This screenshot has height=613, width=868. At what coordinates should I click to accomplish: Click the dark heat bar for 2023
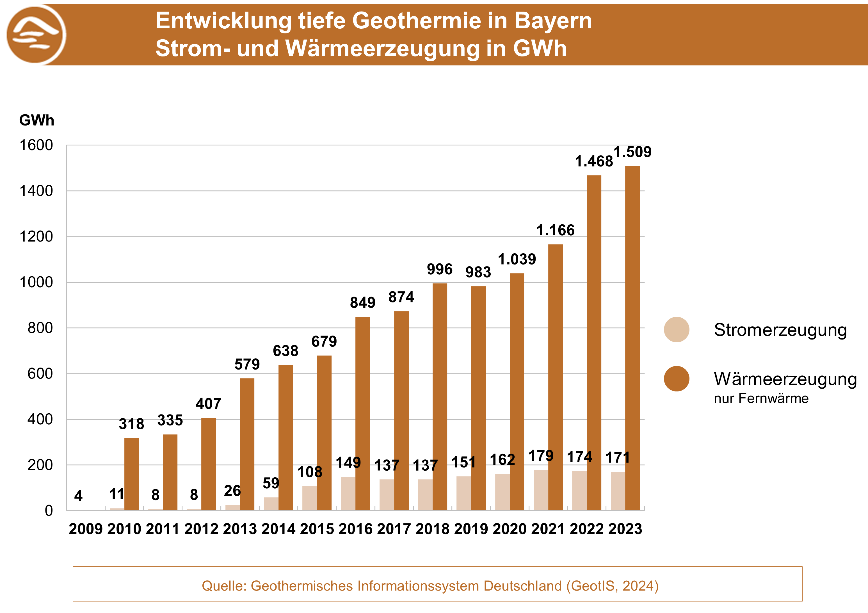(x=632, y=338)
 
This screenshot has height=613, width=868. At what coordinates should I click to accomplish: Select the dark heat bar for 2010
(x=132, y=474)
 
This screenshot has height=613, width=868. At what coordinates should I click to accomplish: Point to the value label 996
(x=440, y=269)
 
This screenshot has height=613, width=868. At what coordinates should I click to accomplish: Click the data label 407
(x=208, y=404)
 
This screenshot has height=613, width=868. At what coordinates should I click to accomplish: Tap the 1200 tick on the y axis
(x=36, y=237)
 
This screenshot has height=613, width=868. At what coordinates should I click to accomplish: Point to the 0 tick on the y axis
(x=49, y=511)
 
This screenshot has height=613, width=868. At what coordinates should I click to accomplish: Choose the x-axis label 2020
(x=509, y=529)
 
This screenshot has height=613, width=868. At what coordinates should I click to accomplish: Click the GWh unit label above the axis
(x=37, y=120)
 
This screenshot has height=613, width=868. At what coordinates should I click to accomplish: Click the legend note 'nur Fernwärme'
(x=761, y=398)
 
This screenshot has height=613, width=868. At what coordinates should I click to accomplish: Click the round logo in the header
(x=36, y=35)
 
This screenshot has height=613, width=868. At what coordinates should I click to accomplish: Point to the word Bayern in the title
(x=553, y=20)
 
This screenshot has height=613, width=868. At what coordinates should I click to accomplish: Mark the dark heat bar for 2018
(x=440, y=397)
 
